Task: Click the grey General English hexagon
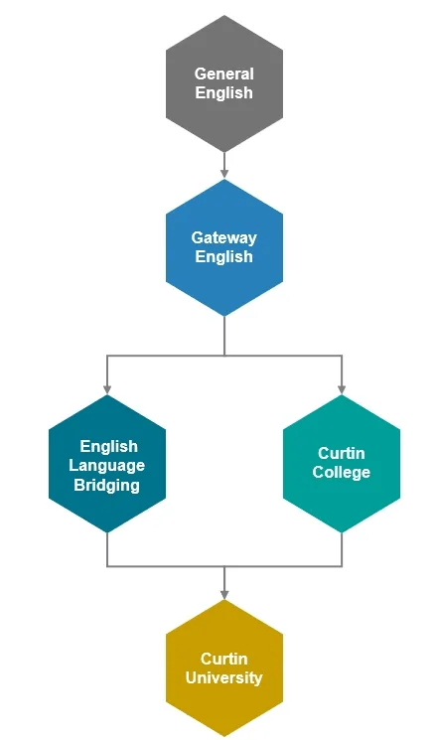click(224, 83)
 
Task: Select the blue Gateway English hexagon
click(224, 247)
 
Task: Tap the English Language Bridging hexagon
click(107, 464)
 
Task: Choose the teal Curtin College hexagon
click(342, 464)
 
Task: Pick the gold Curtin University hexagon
click(224, 667)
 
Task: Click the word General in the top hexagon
click(224, 74)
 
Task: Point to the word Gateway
click(224, 237)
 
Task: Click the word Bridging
click(106, 486)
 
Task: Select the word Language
click(107, 466)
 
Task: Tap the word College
click(342, 473)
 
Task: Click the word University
click(224, 677)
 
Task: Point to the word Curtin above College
click(342, 453)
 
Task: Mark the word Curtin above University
click(224, 659)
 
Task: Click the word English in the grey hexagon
click(224, 93)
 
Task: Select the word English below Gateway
click(224, 257)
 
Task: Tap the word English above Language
click(109, 446)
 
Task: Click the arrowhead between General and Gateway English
click(224, 174)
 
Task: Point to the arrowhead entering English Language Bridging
click(107, 389)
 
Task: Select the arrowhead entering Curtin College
click(342, 389)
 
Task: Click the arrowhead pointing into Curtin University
click(224, 594)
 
